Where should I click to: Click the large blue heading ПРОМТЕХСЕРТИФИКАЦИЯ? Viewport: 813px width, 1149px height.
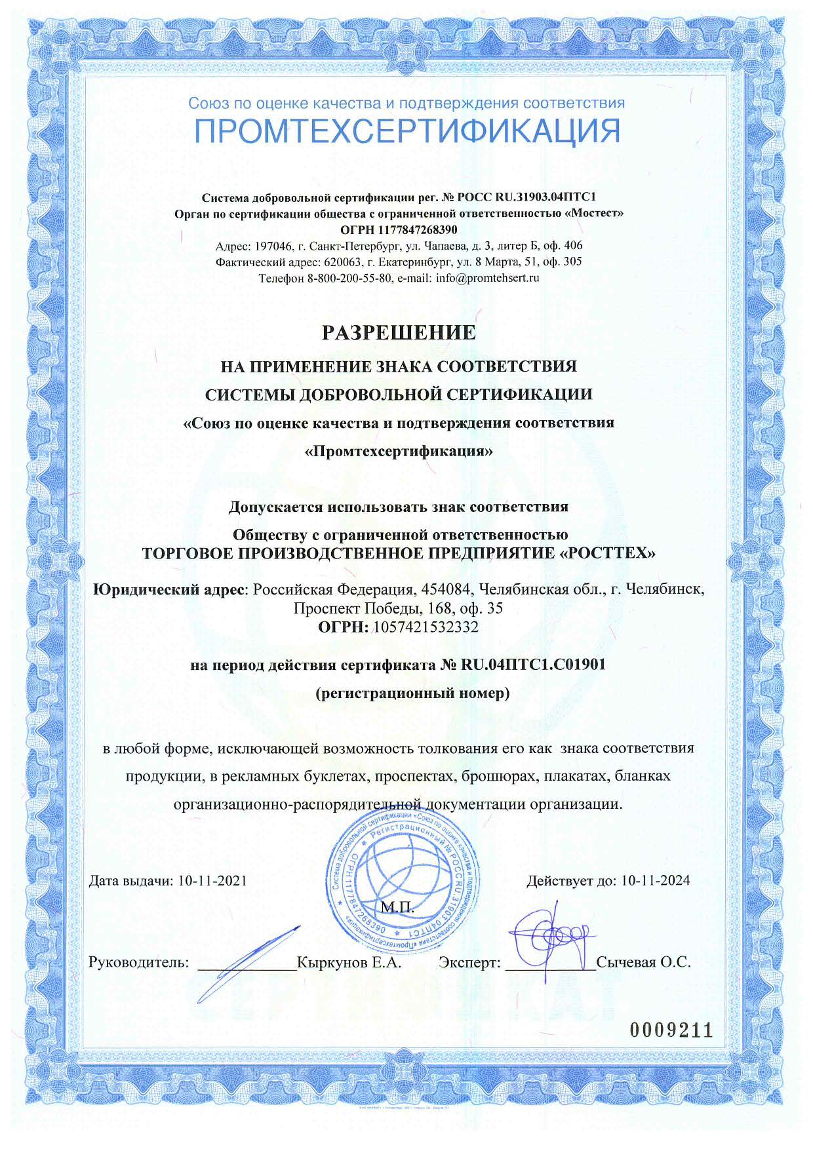(x=406, y=132)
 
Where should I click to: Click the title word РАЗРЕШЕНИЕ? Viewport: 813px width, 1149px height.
(x=399, y=332)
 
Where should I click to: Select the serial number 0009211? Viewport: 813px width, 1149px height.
(x=671, y=1030)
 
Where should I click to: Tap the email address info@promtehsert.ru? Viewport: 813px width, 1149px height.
(x=487, y=278)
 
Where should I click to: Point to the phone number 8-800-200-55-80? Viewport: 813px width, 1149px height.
(x=349, y=278)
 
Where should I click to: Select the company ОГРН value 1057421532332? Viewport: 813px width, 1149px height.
(x=426, y=627)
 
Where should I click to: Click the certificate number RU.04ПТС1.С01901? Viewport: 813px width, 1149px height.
(x=533, y=665)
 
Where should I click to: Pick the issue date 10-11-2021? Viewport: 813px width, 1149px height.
(x=212, y=880)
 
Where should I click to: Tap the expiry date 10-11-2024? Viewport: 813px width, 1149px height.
(x=656, y=880)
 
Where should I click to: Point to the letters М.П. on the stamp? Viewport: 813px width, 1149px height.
(x=398, y=907)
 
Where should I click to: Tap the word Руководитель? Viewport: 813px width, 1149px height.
(x=138, y=962)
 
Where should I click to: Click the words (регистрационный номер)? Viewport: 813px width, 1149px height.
(x=412, y=693)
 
